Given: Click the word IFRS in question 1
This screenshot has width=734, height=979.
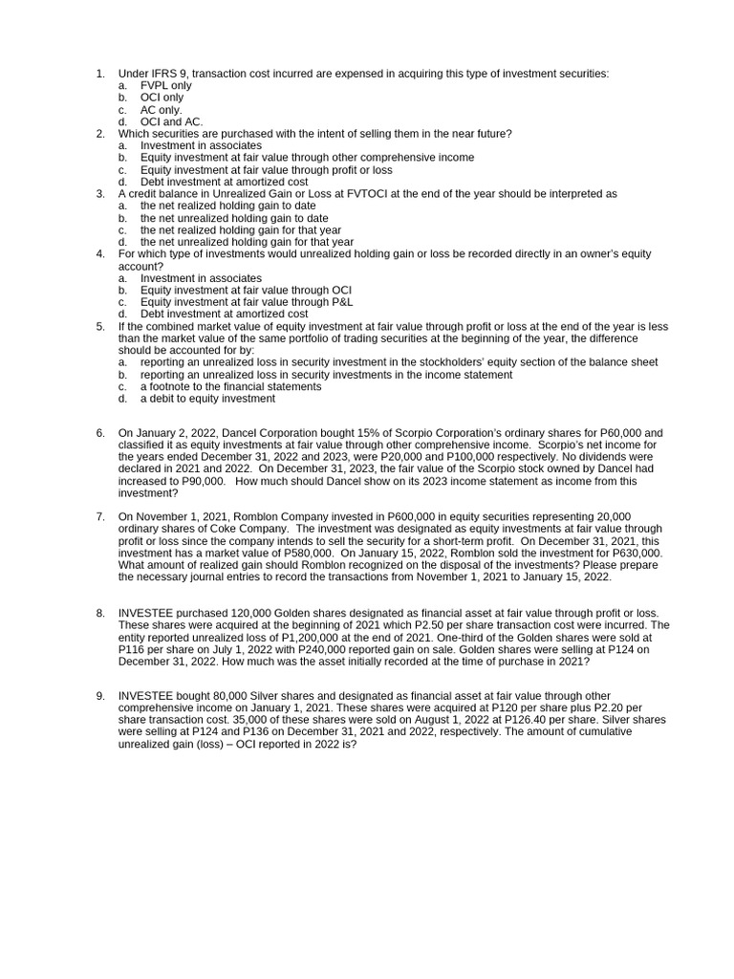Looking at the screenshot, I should [x=163, y=74].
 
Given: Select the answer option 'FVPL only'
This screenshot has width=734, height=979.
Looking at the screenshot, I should [x=166, y=86].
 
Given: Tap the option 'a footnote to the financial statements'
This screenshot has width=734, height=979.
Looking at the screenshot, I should [x=230, y=387].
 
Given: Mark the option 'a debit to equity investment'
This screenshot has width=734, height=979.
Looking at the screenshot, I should [x=207, y=399].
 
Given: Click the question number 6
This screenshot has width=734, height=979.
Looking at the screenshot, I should [x=100, y=433].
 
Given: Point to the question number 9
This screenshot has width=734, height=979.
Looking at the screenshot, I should [x=100, y=695].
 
